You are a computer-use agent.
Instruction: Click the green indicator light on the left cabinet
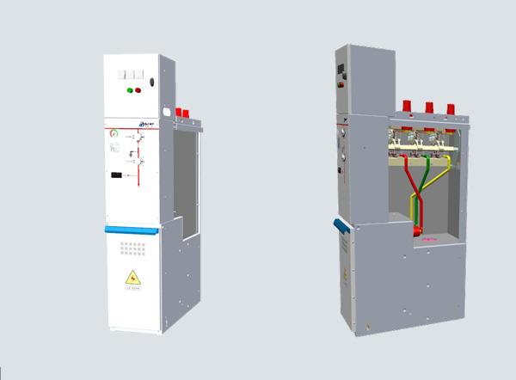click(x=129, y=89)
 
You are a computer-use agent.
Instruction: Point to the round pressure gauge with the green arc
click(x=114, y=133)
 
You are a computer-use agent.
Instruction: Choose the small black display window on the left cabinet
click(x=116, y=175)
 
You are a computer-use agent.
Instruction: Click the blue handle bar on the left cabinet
click(x=132, y=229)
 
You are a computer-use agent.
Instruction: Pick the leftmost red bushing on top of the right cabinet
click(x=405, y=109)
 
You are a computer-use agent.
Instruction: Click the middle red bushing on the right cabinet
click(x=427, y=109)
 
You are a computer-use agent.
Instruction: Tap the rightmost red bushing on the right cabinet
click(x=449, y=111)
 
